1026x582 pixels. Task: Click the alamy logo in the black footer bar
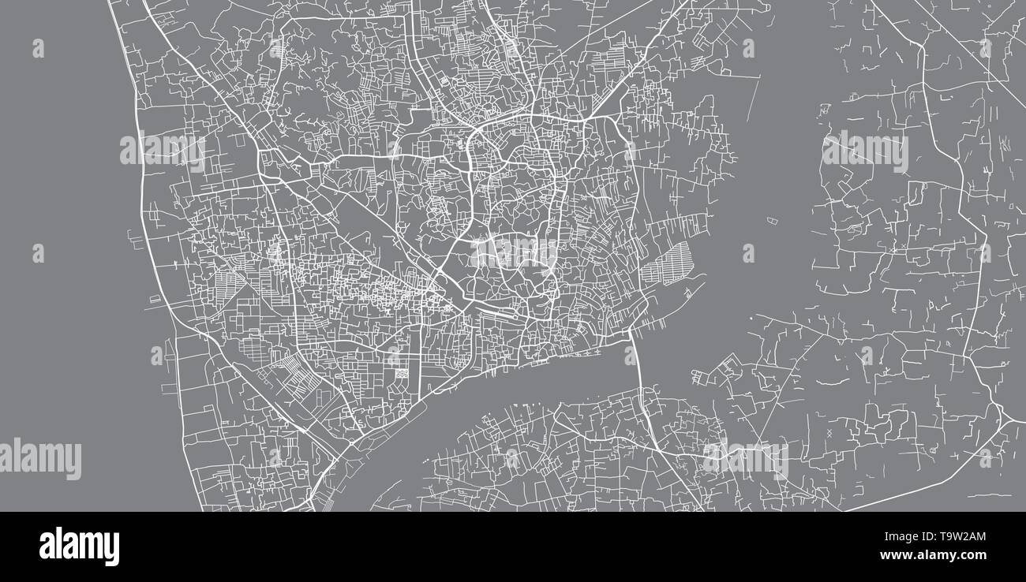pyautogui.click(x=79, y=547)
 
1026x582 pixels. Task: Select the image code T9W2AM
pyautogui.click(x=956, y=537)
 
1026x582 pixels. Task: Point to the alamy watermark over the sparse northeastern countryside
pyautogui.click(x=865, y=151)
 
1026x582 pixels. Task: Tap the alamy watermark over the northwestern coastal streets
pyautogui.click(x=163, y=149)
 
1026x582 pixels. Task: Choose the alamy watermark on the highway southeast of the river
pyautogui.click(x=745, y=460)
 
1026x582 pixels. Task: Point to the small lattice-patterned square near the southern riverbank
pyautogui.click(x=402, y=371)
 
